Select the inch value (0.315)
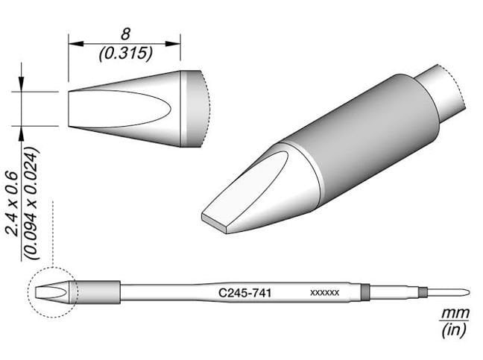pos(124,54)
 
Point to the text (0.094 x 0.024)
pos(30,203)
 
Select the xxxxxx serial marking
pos(324,294)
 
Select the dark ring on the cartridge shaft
pos(364,292)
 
